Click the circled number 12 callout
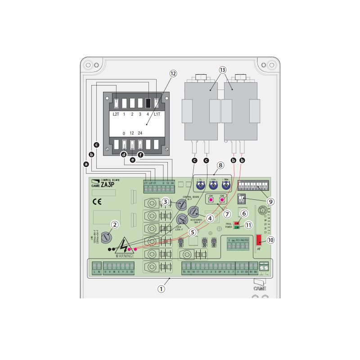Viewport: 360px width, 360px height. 173,73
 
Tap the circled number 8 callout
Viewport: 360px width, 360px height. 220,165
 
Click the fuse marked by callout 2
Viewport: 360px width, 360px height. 106,236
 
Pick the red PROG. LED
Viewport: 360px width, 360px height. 236,223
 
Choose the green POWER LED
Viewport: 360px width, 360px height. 236,228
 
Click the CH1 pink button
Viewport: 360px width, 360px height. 211,199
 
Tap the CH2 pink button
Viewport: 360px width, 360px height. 222,199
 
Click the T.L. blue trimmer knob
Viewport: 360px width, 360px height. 199,184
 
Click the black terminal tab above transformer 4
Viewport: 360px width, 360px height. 148,103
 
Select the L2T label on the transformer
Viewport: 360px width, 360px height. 116,115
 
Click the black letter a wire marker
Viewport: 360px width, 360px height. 86,164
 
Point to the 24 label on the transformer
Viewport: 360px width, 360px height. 140,133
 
